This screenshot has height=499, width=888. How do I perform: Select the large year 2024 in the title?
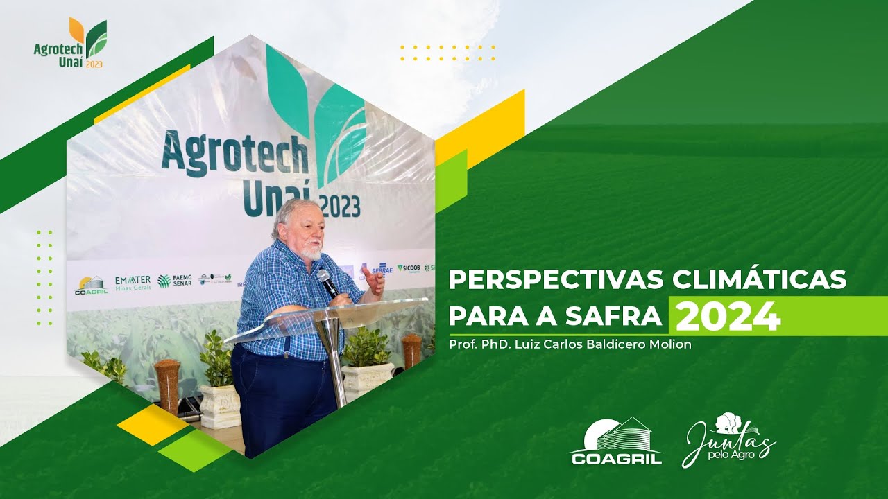point(728,317)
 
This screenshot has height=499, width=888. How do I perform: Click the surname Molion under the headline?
point(668,344)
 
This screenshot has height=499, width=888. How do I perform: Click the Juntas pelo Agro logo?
point(728,439)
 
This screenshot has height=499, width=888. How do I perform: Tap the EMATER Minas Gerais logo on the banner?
point(133,283)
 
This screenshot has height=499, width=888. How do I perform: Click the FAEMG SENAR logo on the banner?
point(174,281)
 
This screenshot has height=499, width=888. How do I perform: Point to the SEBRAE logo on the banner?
point(380,269)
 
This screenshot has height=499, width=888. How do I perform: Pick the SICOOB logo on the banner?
point(409,268)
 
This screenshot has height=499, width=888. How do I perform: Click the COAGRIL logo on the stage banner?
point(91,286)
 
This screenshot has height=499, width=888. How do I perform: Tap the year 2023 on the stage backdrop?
point(341,206)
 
